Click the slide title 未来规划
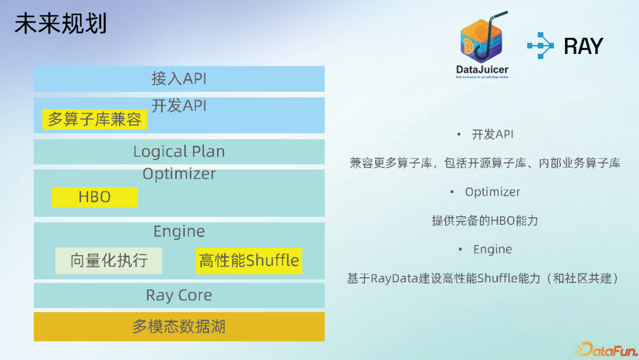click(60, 24)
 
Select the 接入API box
click(179, 79)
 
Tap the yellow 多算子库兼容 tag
click(95, 120)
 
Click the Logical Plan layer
click(179, 152)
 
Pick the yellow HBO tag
click(95, 197)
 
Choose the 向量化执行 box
click(108, 261)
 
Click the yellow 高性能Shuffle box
click(249, 261)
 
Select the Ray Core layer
click(179, 295)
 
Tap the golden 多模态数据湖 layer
click(179, 326)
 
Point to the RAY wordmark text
click(583, 46)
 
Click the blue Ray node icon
click(541, 46)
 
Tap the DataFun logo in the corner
click(605, 349)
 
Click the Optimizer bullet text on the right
click(492, 192)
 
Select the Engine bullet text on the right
click(492, 249)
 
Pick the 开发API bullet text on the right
click(492, 134)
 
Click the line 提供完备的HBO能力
click(485, 221)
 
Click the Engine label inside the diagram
click(179, 232)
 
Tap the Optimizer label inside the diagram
click(179, 174)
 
